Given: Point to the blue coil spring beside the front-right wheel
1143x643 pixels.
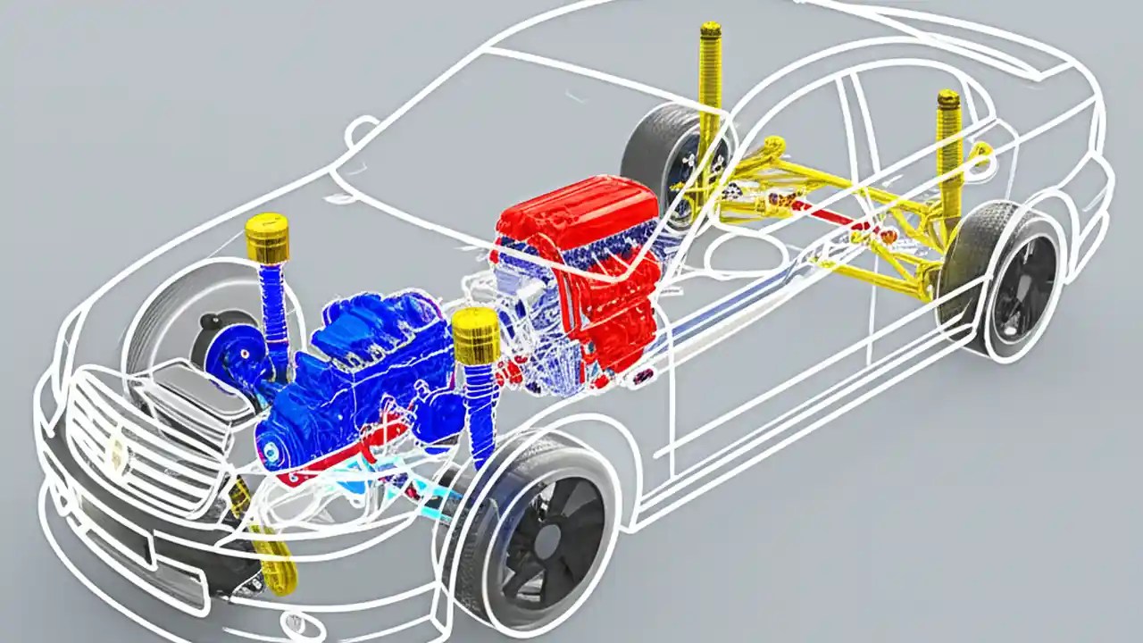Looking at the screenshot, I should [x=480, y=402].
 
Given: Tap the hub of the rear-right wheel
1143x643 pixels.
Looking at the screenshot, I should [x=1018, y=286].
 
